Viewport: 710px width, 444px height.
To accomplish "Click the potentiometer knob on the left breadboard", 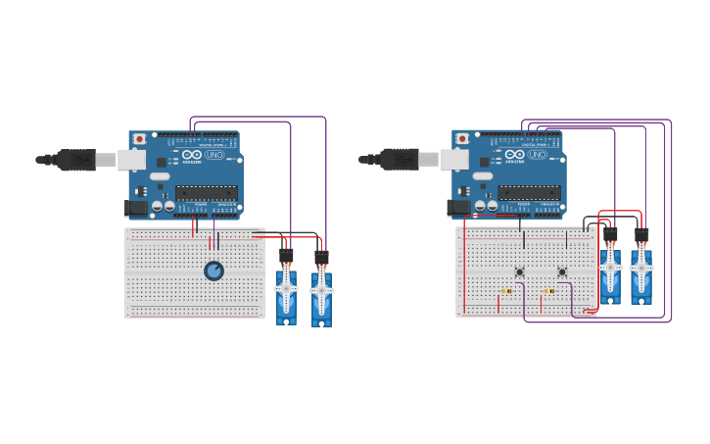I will point(213,271).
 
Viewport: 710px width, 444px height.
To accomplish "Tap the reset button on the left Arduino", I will point(139,139).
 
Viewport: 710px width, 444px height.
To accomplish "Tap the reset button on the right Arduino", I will point(462,139).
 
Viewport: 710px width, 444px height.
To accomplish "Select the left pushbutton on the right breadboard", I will point(519,271).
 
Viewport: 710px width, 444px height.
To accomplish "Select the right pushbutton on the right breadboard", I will point(562,271).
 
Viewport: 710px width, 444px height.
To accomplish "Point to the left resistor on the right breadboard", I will point(506,291).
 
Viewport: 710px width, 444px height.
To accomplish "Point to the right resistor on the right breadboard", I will point(549,291).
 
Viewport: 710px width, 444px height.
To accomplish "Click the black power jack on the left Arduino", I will point(136,208).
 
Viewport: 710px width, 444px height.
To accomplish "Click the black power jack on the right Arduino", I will point(458,208).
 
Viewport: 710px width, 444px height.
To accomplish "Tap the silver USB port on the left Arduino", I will point(131,159).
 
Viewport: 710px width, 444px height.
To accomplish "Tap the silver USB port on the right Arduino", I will point(453,159).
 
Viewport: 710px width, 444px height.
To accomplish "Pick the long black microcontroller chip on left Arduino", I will point(207,193).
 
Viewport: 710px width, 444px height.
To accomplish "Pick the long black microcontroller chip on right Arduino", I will point(529,193).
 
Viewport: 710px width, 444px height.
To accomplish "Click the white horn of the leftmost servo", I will point(286,289).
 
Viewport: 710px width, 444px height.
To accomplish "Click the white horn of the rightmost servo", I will point(641,268).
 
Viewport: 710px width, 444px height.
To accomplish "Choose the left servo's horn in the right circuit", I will point(610,268).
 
